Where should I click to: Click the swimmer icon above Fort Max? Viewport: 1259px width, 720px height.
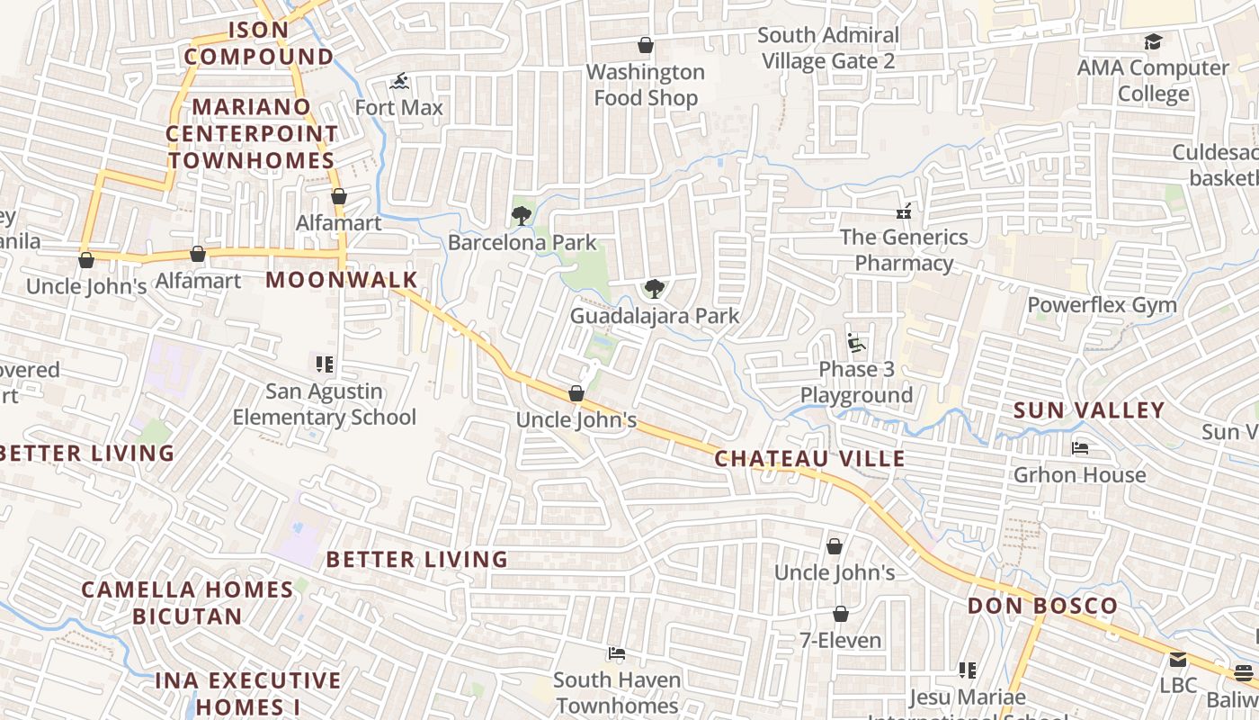pyautogui.click(x=399, y=82)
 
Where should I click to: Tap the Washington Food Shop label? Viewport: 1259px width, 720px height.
pyautogui.click(x=646, y=85)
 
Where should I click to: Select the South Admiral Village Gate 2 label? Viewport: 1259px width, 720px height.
pyautogui.click(x=827, y=48)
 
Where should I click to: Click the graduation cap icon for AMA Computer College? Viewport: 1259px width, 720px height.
pyautogui.click(x=1153, y=41)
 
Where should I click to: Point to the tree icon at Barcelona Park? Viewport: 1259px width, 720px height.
pyautogui.click(x=521, y=215)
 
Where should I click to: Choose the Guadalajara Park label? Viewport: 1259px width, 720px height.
pyautogui.click(x=655, y=316)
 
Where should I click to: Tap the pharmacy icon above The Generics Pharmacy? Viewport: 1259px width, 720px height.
pyautogui.click(x=904, y=211)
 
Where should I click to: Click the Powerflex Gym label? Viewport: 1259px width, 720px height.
pyautogui.click(x=1102, y=305)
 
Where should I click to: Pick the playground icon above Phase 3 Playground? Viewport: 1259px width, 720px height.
pyautogui.click(x=856, y=343)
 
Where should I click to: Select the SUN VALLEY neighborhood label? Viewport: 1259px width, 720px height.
pyautogui.click(x=1089, y=410)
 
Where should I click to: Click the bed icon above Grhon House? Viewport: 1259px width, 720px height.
pyautogui.click(x=1080, y=448)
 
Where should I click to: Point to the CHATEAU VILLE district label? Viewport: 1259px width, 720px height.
pyautogui.click(x=809, y=459)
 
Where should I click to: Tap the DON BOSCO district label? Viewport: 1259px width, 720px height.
pyautogui.click(x=1042, y=606)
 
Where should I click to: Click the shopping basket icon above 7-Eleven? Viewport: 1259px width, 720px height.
pyautogui.click(x=840, y=614)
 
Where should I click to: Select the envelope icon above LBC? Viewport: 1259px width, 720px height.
pyautogui.click(x=1178, y=660)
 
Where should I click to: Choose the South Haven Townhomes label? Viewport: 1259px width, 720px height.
pyautogui.click(x=616, y=693)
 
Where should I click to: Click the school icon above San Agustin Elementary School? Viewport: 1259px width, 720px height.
pyautogui.click(x=325, y=364)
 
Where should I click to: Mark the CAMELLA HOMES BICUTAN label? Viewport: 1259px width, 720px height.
pyautogui.click(x=187, y=603)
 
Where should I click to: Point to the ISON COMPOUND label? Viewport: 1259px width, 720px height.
pyautogui.click(x=258, y=43)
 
